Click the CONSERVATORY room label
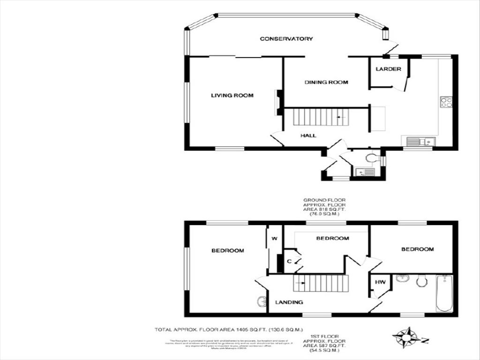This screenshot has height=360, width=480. tap(286, 38)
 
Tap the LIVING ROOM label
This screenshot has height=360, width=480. tap(232, 96)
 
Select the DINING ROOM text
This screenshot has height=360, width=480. tap(326, 82)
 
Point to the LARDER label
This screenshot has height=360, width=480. tap(388, 69)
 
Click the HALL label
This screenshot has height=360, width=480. tap(308, 135)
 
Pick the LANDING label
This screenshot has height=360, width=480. tap(289, 302)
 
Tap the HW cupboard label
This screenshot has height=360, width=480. tap(380, 282)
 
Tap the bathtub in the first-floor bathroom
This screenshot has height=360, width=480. tap(444, 293)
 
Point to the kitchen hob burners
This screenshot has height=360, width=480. tap(445, 102)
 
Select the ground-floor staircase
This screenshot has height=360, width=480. tap(321, 117)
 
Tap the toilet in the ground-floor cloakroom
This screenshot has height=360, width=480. tap(372, 158)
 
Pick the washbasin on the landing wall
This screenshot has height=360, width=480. tap(262, 300)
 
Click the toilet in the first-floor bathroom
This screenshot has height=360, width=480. tap(421, 281)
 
